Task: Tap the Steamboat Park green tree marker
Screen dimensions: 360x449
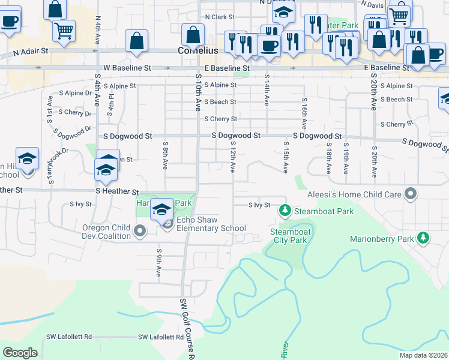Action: point(285,211)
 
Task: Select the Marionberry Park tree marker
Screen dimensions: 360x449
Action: point(423,238)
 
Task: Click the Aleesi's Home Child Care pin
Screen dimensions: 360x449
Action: point(411,194)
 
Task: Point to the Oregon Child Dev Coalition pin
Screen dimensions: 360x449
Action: point(140,231)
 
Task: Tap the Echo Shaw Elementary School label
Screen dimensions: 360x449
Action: point(208,228)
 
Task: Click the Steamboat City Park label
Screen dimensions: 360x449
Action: point(289,236)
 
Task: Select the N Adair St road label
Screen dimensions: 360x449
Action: point(30,53)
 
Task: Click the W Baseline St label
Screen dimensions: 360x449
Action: point(127,68)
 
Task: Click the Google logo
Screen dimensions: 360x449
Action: point(20,353)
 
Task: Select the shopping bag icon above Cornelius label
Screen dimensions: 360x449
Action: point(193,37)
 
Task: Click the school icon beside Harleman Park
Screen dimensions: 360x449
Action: point(162,210)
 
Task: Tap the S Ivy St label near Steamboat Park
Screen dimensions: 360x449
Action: point(260,205)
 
